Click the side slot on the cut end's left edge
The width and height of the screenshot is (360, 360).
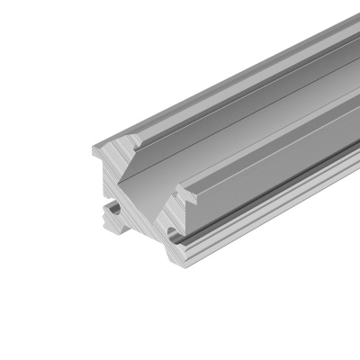click(x=111, y=210)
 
